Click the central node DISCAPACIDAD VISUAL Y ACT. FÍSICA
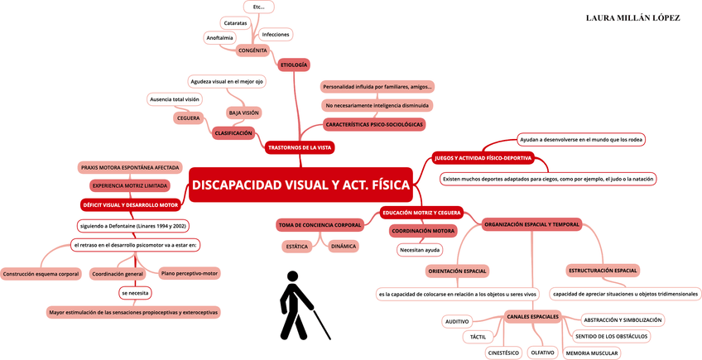[x=301, y=185]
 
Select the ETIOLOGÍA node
[x=294, y=65]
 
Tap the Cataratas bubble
[x=236, y=23]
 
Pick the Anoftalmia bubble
[x=219, y=38]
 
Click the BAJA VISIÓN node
[x=243, y=113]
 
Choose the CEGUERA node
[x=189, y=118]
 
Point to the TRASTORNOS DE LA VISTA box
[x=301, y=148]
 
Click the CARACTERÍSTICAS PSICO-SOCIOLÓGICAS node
[x=373, y=125]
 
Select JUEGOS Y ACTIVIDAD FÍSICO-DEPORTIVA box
[x=483, y=157]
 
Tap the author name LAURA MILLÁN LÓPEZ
[x=632, y=17]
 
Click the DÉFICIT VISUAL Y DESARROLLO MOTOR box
[x=130, y=204]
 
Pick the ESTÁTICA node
[x=296, y=247]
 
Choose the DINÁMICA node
[x=344, y=246]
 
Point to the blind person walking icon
[x=300, y=305]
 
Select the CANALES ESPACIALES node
[x=532, y=317]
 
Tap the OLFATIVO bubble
[x=542, y=353]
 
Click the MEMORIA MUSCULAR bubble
[x=591, y=353]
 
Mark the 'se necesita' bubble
[x=135, y=293]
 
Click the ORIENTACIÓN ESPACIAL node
[x=458, y=271]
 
